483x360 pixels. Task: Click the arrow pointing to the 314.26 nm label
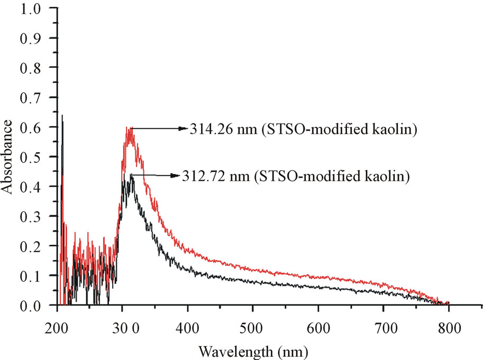click(159, 128)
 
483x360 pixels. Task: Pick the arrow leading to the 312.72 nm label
click(153, 175)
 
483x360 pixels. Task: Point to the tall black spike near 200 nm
click(62, 116)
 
